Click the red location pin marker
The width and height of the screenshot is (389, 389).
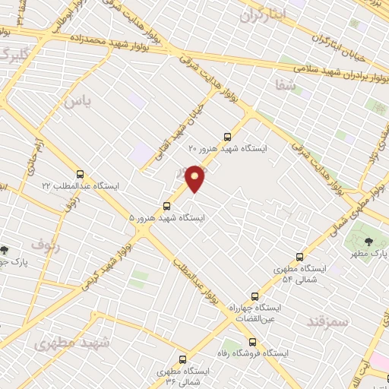195,178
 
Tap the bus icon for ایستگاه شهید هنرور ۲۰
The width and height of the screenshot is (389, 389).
227,138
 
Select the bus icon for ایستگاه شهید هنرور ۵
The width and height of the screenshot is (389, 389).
167,205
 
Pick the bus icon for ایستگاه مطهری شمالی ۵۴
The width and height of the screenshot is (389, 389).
300,257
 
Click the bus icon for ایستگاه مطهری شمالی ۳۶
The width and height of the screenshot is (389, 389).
182,359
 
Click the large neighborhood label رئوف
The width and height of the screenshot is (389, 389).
46,245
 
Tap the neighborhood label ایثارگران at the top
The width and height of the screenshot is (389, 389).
264,14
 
